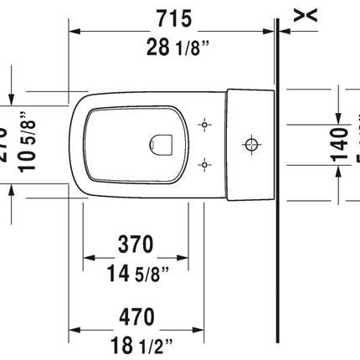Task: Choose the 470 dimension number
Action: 134,317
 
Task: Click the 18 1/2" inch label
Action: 134,342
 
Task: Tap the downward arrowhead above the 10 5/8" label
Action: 12,98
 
